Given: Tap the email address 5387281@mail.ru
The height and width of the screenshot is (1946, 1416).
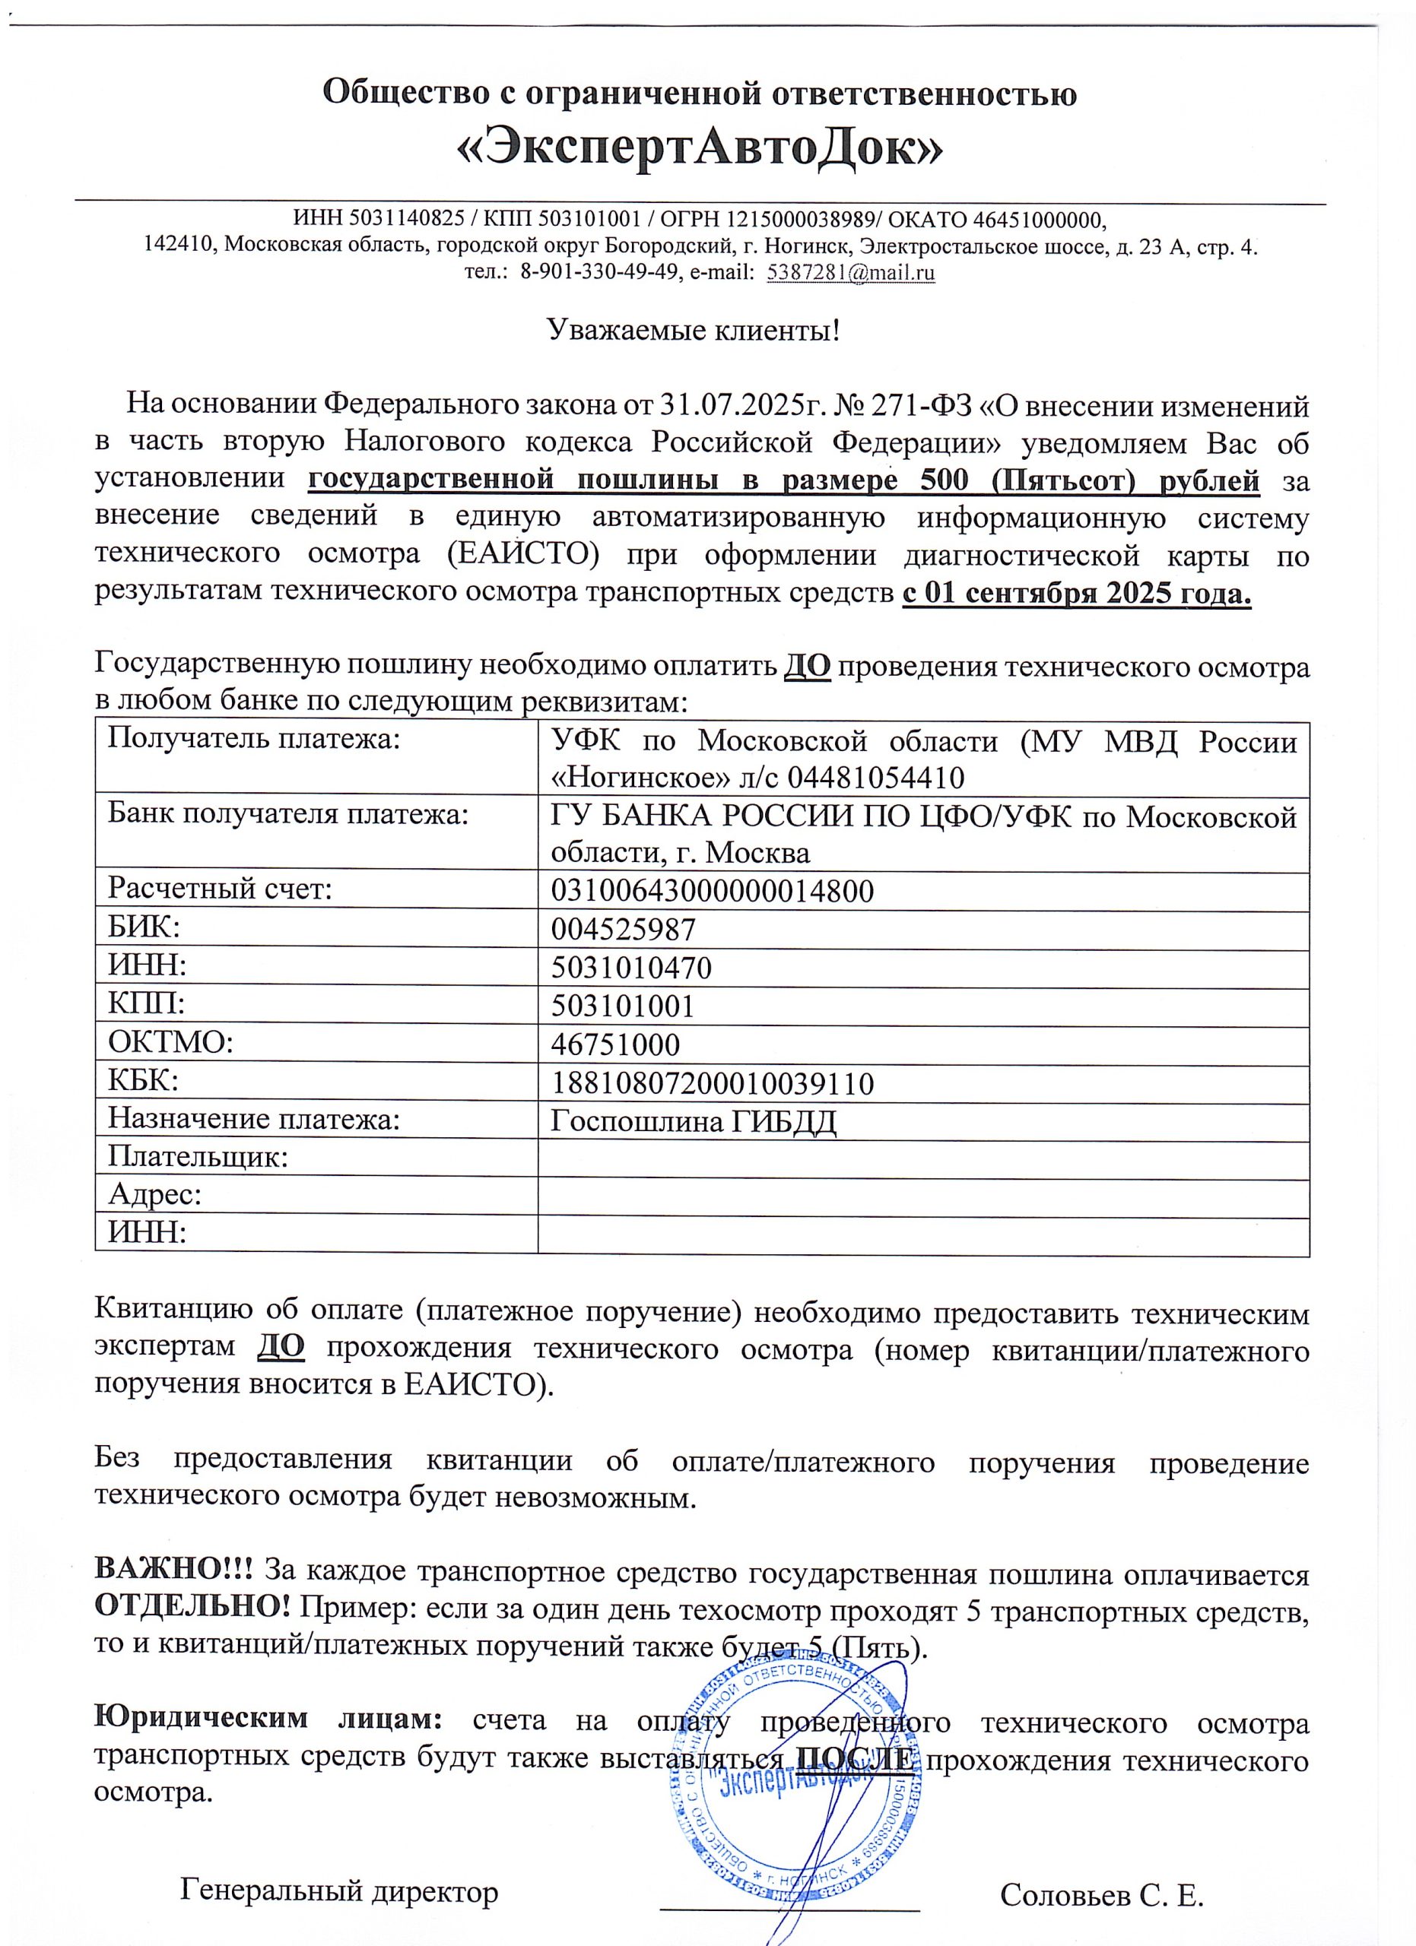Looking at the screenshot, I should pos(850,273).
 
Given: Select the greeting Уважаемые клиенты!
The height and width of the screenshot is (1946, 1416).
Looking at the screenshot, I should pos(694,331).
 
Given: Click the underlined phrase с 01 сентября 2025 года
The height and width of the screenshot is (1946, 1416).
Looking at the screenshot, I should pos(1076,593).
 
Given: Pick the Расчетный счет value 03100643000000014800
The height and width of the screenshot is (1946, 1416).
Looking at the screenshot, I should pos(712,892).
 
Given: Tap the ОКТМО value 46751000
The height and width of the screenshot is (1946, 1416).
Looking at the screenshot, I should pos(614,1045).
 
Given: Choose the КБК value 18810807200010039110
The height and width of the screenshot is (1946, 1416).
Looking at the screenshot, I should pos(712,1084).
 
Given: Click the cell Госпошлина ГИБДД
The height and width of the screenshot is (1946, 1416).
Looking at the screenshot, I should pos(693,1121).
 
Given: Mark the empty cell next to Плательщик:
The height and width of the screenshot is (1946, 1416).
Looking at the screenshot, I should pos(922,1160).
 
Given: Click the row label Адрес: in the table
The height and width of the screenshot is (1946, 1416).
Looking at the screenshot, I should pos(155,1194).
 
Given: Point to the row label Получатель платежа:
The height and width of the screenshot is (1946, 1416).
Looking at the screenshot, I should pos(254,739).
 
